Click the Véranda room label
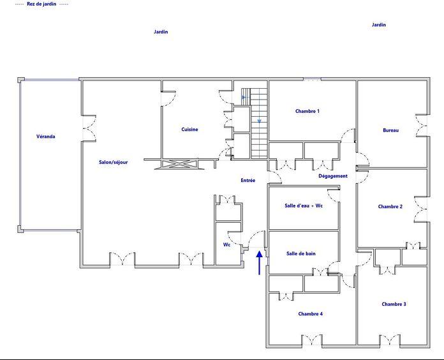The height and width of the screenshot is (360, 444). (45, 137)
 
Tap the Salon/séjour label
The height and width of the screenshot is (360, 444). (113, 162)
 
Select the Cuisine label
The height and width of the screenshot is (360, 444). (189, 130)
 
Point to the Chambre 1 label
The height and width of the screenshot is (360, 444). (307, 111)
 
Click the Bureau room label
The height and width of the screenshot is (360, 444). (390, 130)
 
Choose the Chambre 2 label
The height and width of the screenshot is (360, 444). (390, 207)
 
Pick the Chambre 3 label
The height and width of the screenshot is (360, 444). (394, 304)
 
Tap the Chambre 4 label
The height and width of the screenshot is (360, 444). (310, 314)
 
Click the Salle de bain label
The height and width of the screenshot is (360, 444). (300, 253)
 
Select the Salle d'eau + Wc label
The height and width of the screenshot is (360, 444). (303, 206)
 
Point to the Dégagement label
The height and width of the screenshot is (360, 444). (333, 176)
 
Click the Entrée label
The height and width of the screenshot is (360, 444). (248, 181)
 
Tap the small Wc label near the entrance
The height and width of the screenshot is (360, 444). (226, 244)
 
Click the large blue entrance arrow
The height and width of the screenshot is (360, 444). (260, 262)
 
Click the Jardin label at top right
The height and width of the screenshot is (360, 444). (379, 25)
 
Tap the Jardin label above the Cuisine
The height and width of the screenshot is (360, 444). (161, 31)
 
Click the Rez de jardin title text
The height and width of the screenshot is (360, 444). (41, 4)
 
